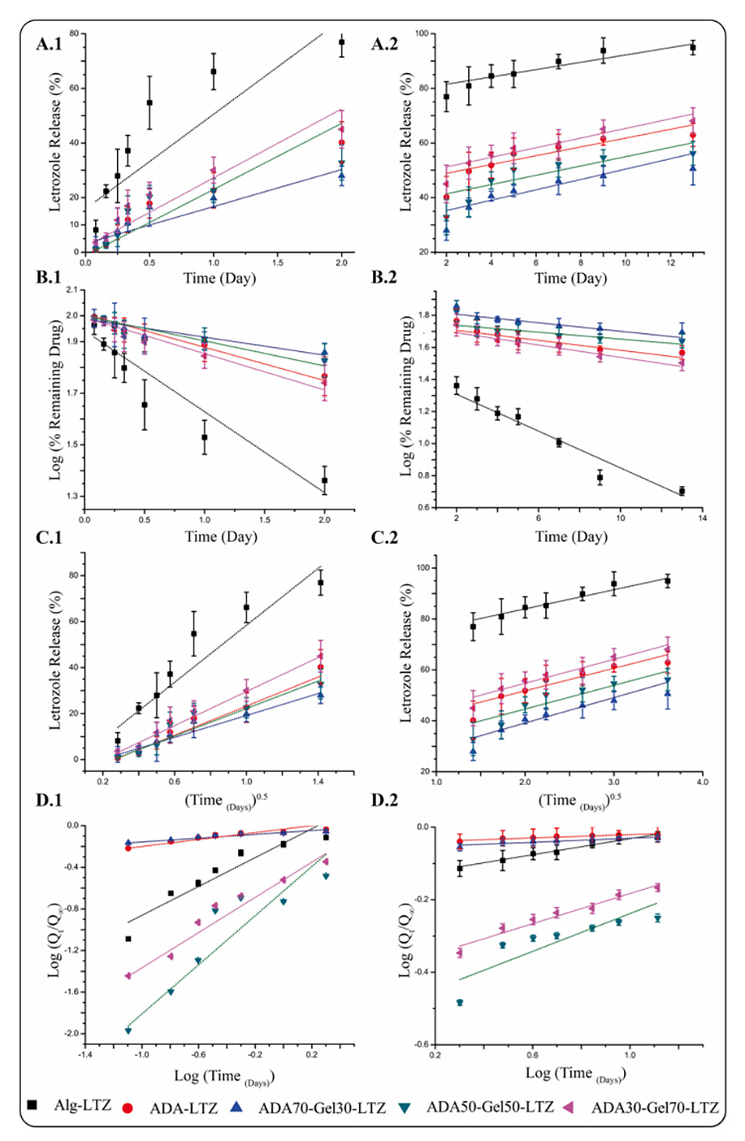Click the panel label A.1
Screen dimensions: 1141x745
pyautogui.click(x=48, y=44)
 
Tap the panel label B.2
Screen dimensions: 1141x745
pyautogui.click(x=384, y=278)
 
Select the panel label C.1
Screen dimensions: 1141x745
pyautogui.click(x=48, y=538)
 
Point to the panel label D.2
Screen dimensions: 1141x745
pyautogui.click(x=384, y=800)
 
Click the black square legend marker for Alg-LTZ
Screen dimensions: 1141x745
pyautogui.click(x=32, y=1104)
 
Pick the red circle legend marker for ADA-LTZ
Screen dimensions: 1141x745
pyautogui.click(x=128, y=1107)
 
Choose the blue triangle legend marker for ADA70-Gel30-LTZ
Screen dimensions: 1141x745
pyautogui.click(x=236, y=1107)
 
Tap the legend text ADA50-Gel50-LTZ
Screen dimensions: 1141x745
pyautogui.click(x=489, y=1107)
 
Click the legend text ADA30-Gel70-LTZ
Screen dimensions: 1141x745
pyautogui.click(x=655, y=1107)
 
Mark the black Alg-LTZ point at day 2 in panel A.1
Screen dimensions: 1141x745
pyautogui.click(x=342, y=43)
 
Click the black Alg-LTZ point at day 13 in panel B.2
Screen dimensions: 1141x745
pyautogui.click(x=682, y=491)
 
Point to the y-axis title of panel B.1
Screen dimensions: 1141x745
pyautogui.click(x=55, y=399)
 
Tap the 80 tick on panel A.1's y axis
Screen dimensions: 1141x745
pyautogui.click(x=74, y=34)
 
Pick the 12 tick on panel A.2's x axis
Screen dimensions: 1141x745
pyautogui.click(x=670, y=263)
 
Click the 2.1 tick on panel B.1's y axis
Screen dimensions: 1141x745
pyautogui.click(x=73, y=290)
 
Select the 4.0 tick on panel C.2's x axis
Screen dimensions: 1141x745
pyautogui.click(x=703, y=781)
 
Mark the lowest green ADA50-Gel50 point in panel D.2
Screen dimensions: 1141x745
pyautogui.click(x=459, y=1002)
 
